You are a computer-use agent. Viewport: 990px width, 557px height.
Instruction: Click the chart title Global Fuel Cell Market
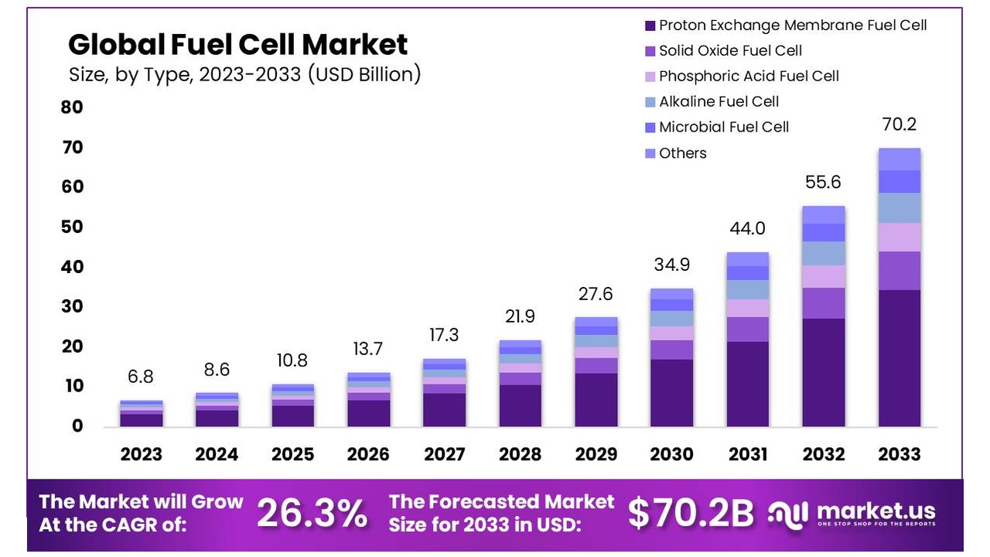click(237, 45)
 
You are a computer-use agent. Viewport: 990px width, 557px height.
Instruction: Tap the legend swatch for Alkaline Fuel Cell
click(650, 102)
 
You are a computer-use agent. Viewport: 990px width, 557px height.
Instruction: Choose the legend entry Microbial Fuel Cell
click(723, 127)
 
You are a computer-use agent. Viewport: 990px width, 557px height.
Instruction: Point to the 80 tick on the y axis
click(72, 107)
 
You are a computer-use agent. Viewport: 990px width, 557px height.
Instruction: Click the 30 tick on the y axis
click(72, 306)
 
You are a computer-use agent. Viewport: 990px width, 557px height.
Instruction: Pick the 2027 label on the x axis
click(444, 454)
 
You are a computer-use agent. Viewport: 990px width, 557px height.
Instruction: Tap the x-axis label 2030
click(671, 454)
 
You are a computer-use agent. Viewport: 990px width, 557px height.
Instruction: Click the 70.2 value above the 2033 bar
click(899, 124)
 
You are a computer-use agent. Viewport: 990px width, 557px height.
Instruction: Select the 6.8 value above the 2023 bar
click(141, 377)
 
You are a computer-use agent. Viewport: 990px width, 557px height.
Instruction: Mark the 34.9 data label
click(671, 265)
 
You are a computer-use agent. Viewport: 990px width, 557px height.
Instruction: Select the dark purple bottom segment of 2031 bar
click(747, 384)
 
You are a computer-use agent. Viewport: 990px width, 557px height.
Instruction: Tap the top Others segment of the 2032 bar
click(823, 215)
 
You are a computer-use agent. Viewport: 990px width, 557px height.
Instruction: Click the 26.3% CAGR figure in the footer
click(312, 513)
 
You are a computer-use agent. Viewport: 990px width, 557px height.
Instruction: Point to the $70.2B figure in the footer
click(690, 513)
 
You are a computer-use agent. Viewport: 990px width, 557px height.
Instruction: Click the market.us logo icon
click(788, 513)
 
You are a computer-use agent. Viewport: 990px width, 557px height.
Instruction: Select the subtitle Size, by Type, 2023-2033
click(244, 74)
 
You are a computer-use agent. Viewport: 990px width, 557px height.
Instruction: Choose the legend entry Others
click(682, 153)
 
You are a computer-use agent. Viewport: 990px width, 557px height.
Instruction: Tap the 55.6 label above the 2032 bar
click(823, 183)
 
